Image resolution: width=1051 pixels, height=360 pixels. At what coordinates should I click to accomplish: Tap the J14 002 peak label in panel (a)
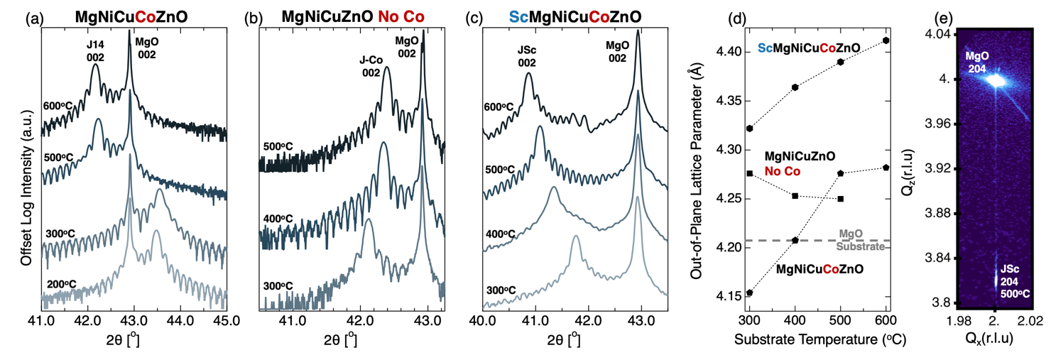(x=96, y=51)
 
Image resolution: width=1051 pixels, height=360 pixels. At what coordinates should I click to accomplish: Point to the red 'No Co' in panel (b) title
(x=403, y=14)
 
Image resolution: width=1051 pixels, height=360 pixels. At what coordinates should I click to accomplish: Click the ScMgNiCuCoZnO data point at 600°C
(x=886, y=40)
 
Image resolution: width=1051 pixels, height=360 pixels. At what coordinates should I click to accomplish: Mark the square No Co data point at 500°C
(x=840, y=198)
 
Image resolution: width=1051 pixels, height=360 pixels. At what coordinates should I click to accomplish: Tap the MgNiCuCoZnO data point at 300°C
(x=750, y=293)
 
